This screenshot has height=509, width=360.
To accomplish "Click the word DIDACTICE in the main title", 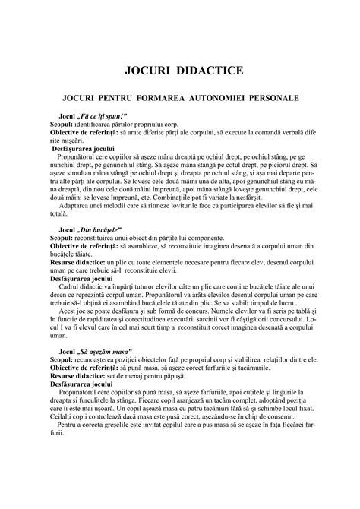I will (x=210, y=71).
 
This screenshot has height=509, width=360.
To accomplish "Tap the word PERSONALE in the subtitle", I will (x=278, y=99).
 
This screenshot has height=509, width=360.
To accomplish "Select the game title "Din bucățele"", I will (x=99, y=228).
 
